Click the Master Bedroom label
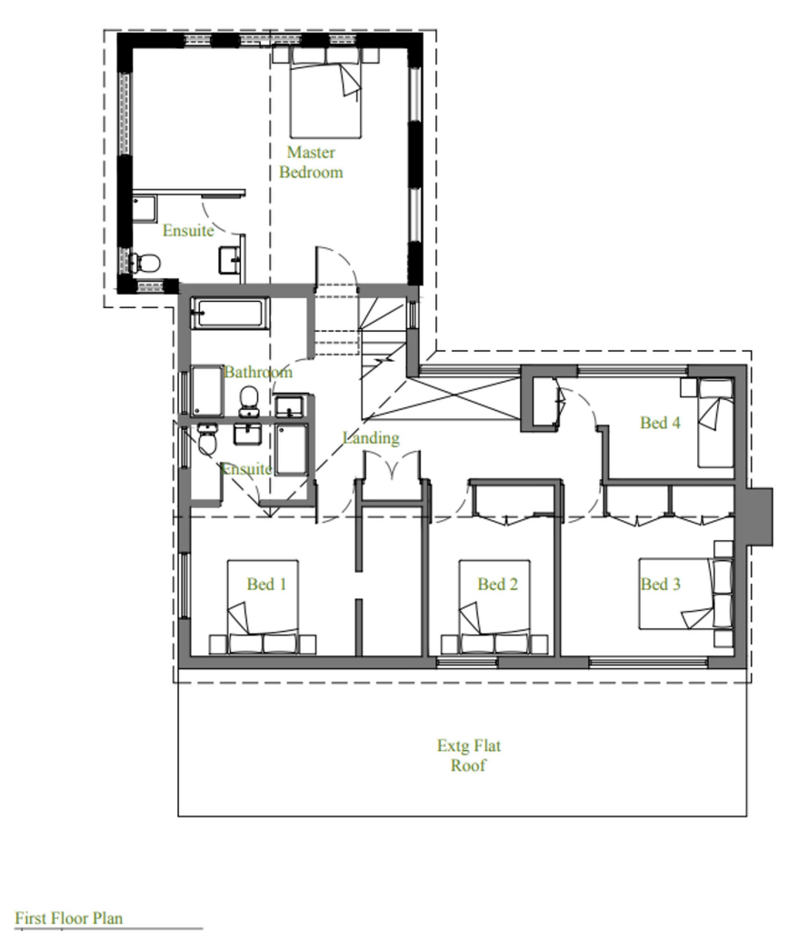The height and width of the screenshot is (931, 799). click(311, 162)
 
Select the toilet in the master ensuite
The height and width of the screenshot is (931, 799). click(145, 263)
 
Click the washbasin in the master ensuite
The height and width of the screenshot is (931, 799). click(231, 259)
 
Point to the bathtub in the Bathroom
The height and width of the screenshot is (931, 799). click(229, 315)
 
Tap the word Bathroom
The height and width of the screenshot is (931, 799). click(258, 372)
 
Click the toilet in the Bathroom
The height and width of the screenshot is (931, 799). click(248, 399)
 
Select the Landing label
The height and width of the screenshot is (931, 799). click(371, 438)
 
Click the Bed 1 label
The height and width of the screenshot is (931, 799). click(266, 584)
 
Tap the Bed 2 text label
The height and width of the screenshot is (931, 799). click(497, 584)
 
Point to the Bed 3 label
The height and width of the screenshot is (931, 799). click(660, 584)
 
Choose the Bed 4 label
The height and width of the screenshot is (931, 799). click(660, 422)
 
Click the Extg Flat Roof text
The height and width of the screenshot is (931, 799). click(468, 755)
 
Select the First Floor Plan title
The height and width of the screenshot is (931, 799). click(68, 918)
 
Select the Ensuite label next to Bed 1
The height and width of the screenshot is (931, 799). click(246, 469)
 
